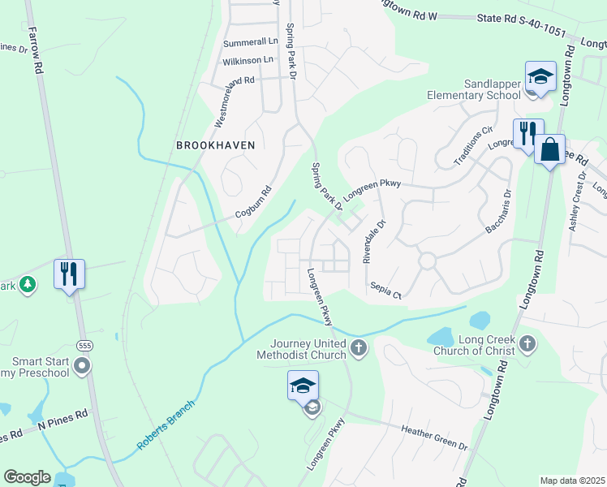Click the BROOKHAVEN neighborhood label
tap(216, 145)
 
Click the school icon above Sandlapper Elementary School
tap(540, 77)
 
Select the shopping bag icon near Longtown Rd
tap(549, 150)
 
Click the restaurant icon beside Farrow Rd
tap(69, 274)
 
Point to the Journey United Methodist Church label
tap(302, 348)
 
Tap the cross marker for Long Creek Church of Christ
tap(527, 343)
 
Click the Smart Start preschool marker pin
tap(81, 367)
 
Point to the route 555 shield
tap(84, 346)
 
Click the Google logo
tap(27, 477)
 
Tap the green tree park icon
tap(28, 284)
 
